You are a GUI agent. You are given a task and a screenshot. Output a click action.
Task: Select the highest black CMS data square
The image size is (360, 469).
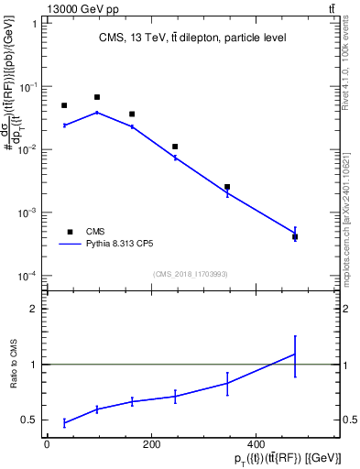click(97, 97)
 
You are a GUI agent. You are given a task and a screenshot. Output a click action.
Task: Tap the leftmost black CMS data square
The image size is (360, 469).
click(64, 105)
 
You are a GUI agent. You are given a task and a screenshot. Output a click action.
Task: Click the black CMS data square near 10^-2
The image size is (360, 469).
click(175, 147)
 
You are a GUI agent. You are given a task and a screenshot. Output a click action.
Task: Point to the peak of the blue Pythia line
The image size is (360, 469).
click(97, 113)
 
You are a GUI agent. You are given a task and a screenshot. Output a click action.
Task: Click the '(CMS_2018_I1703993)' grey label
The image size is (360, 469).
click(191, 273)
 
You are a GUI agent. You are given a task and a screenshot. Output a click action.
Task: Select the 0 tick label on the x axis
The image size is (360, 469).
click(47, 445)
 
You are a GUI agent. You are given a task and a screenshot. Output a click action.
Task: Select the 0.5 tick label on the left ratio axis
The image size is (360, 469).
click(30, 420)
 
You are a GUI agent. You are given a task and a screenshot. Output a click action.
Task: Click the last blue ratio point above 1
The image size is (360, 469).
click(295, 354)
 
